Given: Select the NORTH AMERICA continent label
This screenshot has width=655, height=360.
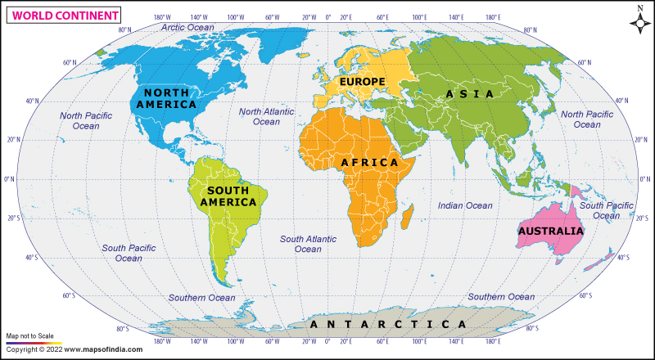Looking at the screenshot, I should click(166, 98).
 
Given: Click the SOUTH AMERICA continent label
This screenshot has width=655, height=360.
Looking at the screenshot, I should click(224, 196).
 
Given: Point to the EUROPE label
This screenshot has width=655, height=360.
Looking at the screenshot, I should click(362, 82).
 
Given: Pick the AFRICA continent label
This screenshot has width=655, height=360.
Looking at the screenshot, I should click(369, 163).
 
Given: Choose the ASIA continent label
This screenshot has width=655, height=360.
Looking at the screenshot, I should click(470, 94).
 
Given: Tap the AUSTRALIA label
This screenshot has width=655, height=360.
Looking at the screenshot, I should click(550, 232).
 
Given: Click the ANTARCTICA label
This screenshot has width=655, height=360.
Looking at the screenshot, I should click(389, 325).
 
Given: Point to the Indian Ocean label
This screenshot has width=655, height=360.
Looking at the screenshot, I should click(465, 205).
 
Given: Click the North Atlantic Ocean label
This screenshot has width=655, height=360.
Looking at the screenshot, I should click(266, 116).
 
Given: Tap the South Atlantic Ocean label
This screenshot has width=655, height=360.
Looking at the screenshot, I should click(308, 244).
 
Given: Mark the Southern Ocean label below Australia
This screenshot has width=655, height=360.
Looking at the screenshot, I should click(501, 297).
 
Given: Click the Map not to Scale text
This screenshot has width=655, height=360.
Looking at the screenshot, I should click(30, 336).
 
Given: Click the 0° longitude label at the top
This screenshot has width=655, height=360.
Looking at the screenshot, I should click(328, 16).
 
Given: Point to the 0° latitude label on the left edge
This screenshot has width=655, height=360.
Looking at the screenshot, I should click(10, 179).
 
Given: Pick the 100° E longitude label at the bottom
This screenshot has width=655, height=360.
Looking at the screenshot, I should click(419, 342).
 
